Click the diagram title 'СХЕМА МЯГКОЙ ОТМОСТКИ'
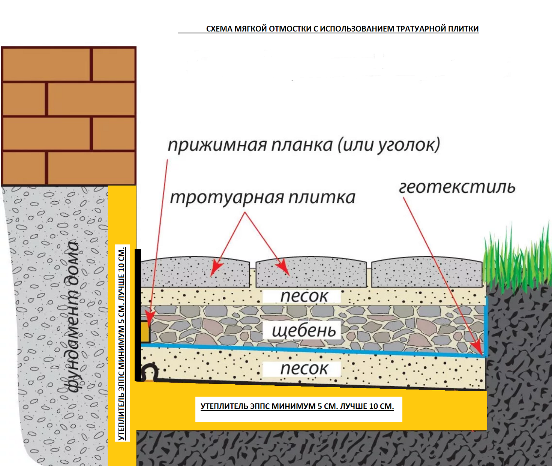(342, 29)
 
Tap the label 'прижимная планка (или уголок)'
(304, 145)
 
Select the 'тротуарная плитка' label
(262, 198)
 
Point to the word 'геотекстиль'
(457, 187)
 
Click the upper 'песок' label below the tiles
(304, 296)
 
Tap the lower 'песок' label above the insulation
(304, 369)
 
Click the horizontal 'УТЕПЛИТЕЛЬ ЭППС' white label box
(298, 409)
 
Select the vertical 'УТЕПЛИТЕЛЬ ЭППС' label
(122, 343)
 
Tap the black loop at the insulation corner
(149, 372)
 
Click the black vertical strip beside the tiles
(138, 315)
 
